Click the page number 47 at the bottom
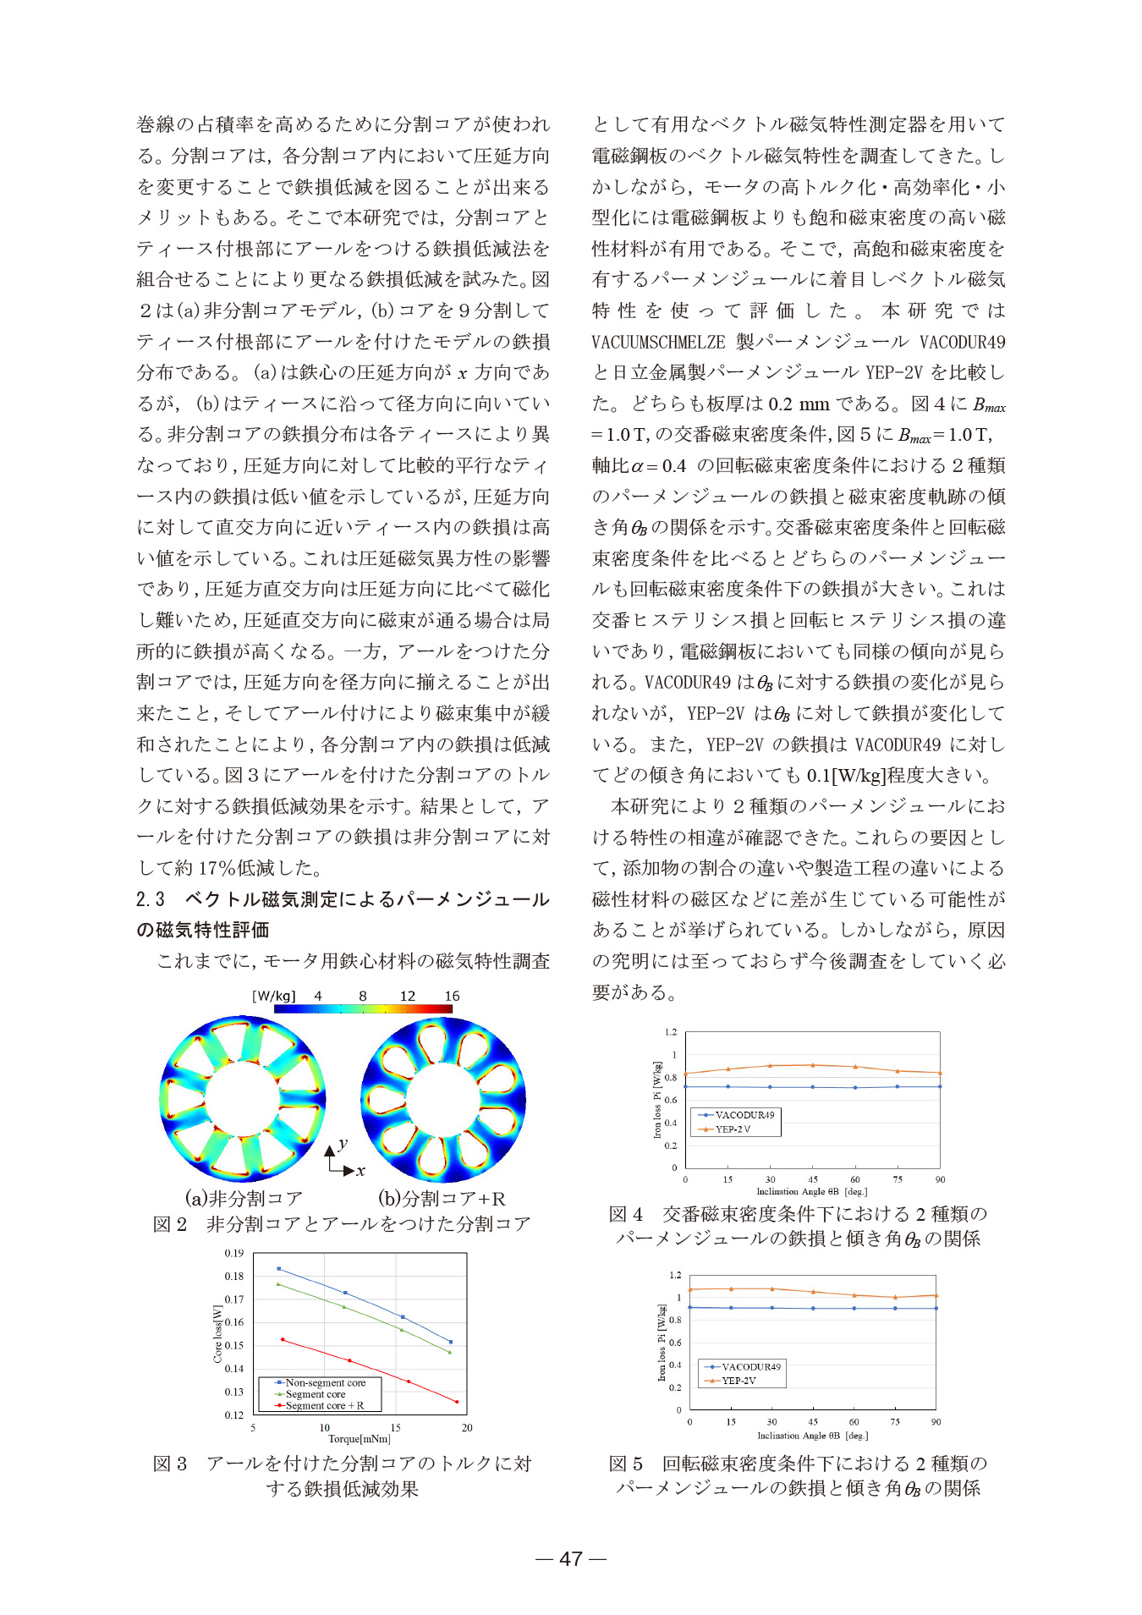point(571,1558)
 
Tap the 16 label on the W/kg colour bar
point(452,996)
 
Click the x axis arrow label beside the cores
point(360,1172)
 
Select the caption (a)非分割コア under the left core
point(244,1198)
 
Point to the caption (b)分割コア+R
point(441,1198)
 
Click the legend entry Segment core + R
point(324,1405)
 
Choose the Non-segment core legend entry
point(325,1382)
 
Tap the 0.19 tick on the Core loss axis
point(233,1253)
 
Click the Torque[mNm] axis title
point(360,1439)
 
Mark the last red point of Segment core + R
point(457,1402)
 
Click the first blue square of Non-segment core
point(279,1269)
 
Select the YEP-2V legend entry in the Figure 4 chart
point(733,1129)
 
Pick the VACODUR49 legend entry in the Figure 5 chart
point(750,1366)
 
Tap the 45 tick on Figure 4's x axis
point(813,1179)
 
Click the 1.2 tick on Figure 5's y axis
point(675,1275)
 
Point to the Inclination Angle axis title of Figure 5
point(812,1436)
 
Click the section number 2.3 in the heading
point(151,899)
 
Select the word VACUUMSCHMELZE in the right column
point(658,342)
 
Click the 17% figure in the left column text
point(217,868)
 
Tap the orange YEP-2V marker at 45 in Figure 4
point(813,1065)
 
